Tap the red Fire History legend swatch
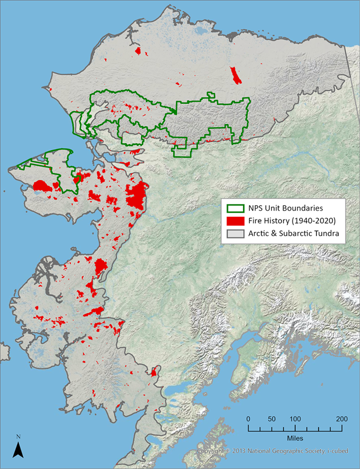pos(234,222)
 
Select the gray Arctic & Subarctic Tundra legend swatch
pos(234,234)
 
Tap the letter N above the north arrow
pos(18,437)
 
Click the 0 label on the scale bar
pos(248,419)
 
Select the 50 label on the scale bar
pos(271,419)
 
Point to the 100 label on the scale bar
pos(295,419)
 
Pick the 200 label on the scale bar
pos(342,419)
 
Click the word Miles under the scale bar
pos(295,437)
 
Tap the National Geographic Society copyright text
pos(272,451)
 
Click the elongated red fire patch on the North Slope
pos(235,75)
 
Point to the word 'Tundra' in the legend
pos(328,234)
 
